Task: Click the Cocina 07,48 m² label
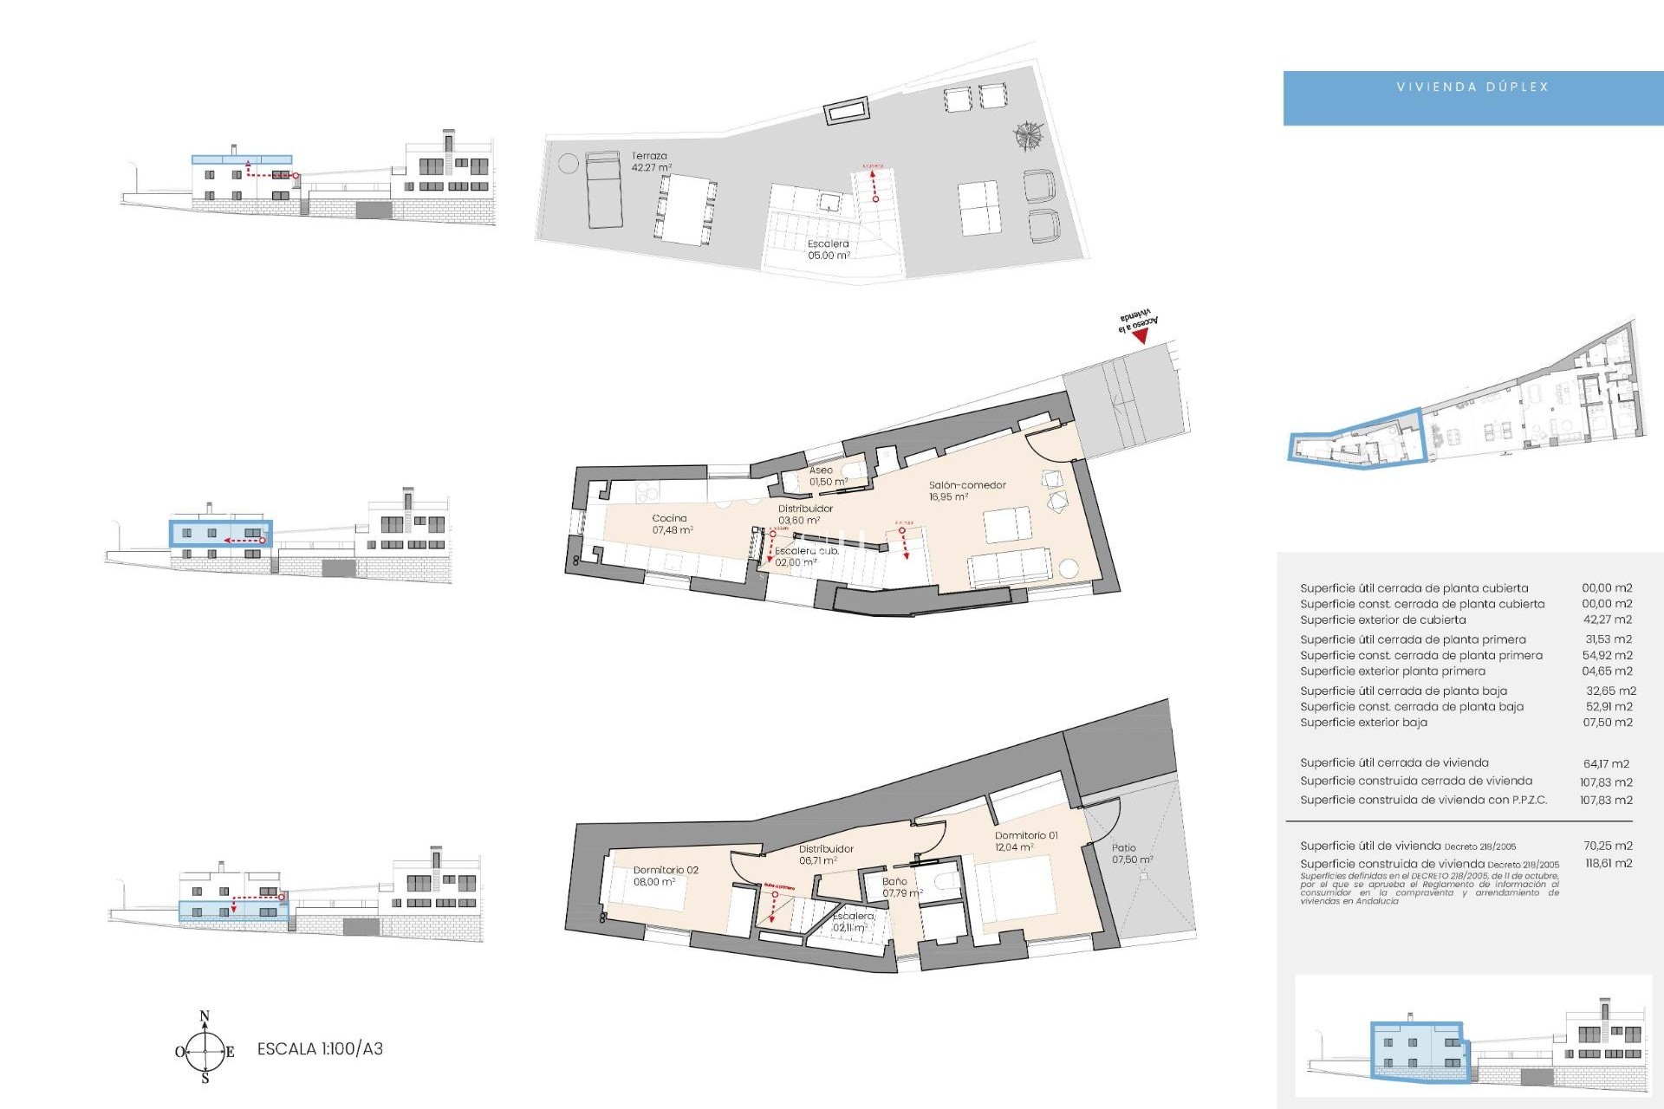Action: point(672,524)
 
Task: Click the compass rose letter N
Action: point(205,1016)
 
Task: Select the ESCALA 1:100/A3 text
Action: point(320,1048)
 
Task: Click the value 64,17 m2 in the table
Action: point(1606,764)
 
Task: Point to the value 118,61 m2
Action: point(1608,864)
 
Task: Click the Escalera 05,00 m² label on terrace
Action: point(828,250)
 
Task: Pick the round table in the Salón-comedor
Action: point(1069,569)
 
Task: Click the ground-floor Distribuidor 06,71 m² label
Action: point(825,854)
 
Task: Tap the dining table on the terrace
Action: point(686,208)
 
